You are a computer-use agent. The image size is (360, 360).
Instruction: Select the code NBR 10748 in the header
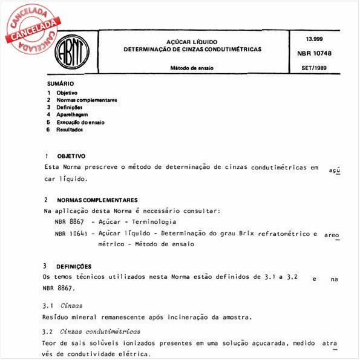[x=314, y=53]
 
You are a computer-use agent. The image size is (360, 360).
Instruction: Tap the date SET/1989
[x=314, y=69]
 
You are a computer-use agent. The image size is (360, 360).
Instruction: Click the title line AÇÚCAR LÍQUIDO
[x=192, y=41]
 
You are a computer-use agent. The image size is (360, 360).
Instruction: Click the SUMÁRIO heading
[x=61, y=83]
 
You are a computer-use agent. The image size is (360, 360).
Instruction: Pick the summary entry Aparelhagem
[x=72, y=114]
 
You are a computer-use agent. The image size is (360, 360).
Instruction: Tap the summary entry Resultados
[x=70, y=129]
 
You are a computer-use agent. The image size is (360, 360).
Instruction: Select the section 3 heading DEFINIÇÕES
[x=74, y=266]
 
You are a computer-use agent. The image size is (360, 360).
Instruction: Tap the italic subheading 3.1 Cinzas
[x=63, y=306]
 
